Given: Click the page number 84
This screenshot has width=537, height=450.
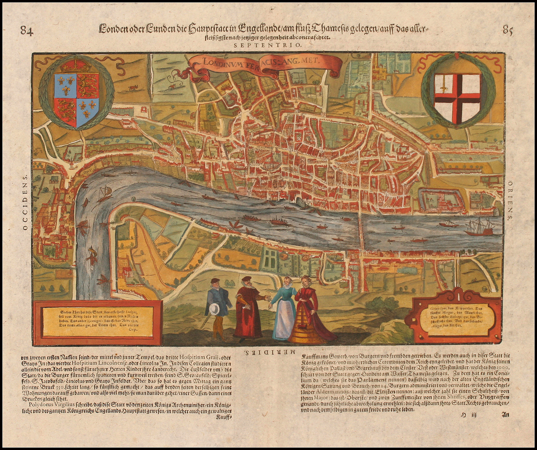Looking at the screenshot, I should coord(27,30).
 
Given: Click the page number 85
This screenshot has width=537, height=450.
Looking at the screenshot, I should coord(508,30).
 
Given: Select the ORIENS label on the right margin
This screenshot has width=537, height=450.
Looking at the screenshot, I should coord(510,199).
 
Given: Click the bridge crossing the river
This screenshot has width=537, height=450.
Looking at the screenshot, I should coord(361,228).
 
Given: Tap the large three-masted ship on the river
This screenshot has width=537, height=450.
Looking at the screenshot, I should coord(479,227).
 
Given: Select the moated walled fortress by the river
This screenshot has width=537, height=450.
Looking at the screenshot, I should coord(440,200).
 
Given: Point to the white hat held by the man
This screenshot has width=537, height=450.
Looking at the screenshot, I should coord(214,309).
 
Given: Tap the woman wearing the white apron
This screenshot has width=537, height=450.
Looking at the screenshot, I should coord(284,310).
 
